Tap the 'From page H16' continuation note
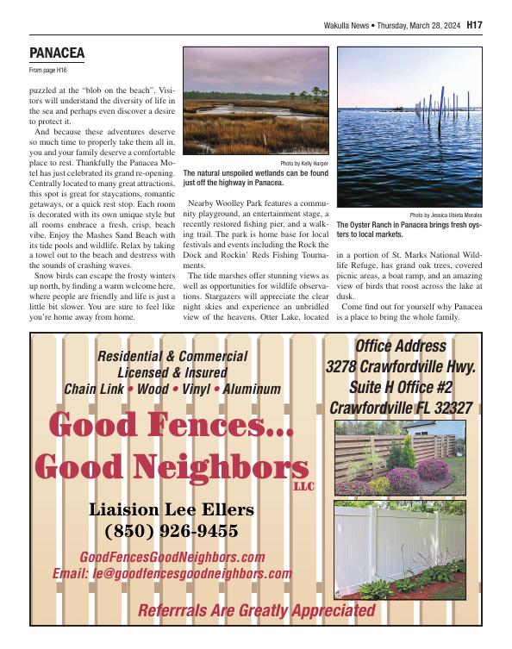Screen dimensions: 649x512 [47, 69]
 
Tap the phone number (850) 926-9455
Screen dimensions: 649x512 [171, 530]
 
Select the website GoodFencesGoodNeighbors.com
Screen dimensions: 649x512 [172, 557]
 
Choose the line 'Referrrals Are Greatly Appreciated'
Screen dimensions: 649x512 [257, 611]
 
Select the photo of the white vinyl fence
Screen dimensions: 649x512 [399, 542]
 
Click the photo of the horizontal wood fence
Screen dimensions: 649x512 [399, 458]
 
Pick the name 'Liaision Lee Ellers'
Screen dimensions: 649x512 [171, 509]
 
